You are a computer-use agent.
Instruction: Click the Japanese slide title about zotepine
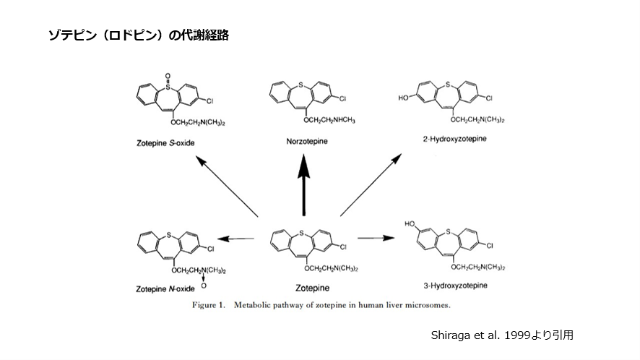click(x=138, y=35)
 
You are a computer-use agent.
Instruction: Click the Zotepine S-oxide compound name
click(x=165, y=142)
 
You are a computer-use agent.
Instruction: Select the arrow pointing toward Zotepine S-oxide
click(x=228, y=189)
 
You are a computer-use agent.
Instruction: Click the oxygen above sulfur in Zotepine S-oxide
click(x=168, y=74)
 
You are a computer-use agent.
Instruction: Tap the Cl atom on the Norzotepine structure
click(x=344, y=97)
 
